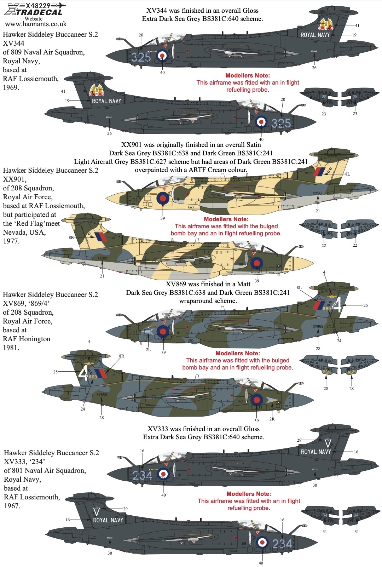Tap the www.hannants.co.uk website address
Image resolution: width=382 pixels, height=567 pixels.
pyautogui.click(x=36, y=24)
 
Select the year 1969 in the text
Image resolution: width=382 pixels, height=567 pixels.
pyautogui.click(x=11, y=87)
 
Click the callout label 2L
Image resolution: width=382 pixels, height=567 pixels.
pyautogui.click(x=148, y=350)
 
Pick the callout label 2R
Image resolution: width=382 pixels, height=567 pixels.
pyautogui.click(x=272, y=419)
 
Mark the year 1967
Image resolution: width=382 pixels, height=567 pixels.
pyautogui.click(x=12, y=506)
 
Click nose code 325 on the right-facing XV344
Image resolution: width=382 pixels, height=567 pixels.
pyautogui.click(x=281, y=123)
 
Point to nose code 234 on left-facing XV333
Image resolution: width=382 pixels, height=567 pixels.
pyautogui.click(x=142, y=475)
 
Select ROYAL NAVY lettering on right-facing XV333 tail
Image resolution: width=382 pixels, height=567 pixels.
pyautogui.click(x=108, y=520)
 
